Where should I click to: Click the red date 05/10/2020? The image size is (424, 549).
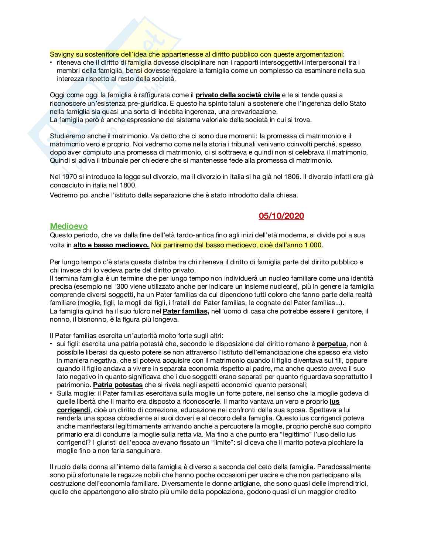coord(281,216)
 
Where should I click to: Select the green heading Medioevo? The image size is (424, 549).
coord(69,226)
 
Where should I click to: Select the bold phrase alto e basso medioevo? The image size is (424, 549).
coord(111,245)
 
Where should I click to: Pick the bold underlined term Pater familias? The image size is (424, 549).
coord(186,311)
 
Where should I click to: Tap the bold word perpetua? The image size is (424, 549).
coord(332,344)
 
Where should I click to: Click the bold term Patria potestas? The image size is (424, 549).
coord(118,385)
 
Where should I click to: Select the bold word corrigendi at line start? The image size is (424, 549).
coord(73,410)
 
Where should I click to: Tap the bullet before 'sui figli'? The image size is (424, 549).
coord(52,344)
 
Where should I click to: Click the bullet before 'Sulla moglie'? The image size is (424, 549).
coord(52,393)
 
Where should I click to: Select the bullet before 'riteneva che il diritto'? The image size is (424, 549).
coord(52,62)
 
